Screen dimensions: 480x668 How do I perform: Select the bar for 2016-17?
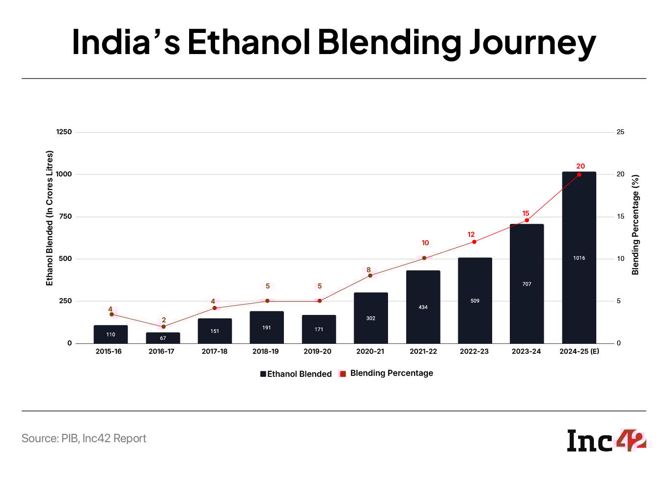[163, 338]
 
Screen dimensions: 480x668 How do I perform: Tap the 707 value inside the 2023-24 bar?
[527, 284]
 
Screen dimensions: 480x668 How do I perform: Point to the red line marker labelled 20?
[579, 174]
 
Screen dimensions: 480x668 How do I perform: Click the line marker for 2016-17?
[164, 327]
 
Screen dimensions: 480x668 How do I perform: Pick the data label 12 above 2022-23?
[471, 234]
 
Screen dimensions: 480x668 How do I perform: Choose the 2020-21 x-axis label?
[370, 351]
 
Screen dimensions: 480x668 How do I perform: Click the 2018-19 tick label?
[265, 351]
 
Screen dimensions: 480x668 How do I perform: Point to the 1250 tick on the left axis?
[63, 132]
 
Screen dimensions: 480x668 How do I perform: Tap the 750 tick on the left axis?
[65, 216]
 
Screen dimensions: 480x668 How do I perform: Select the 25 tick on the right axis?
[620, 132]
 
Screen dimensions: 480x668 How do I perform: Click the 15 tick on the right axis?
[620, 216]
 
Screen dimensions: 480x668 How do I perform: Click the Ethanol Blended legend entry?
[296, 374]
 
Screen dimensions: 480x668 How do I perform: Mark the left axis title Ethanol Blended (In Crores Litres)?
[49, 218]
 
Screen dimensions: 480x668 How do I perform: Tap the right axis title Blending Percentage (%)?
[636, 225]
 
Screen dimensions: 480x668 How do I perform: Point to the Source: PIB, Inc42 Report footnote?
[84, 438]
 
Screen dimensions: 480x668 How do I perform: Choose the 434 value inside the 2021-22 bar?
[423, 307]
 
